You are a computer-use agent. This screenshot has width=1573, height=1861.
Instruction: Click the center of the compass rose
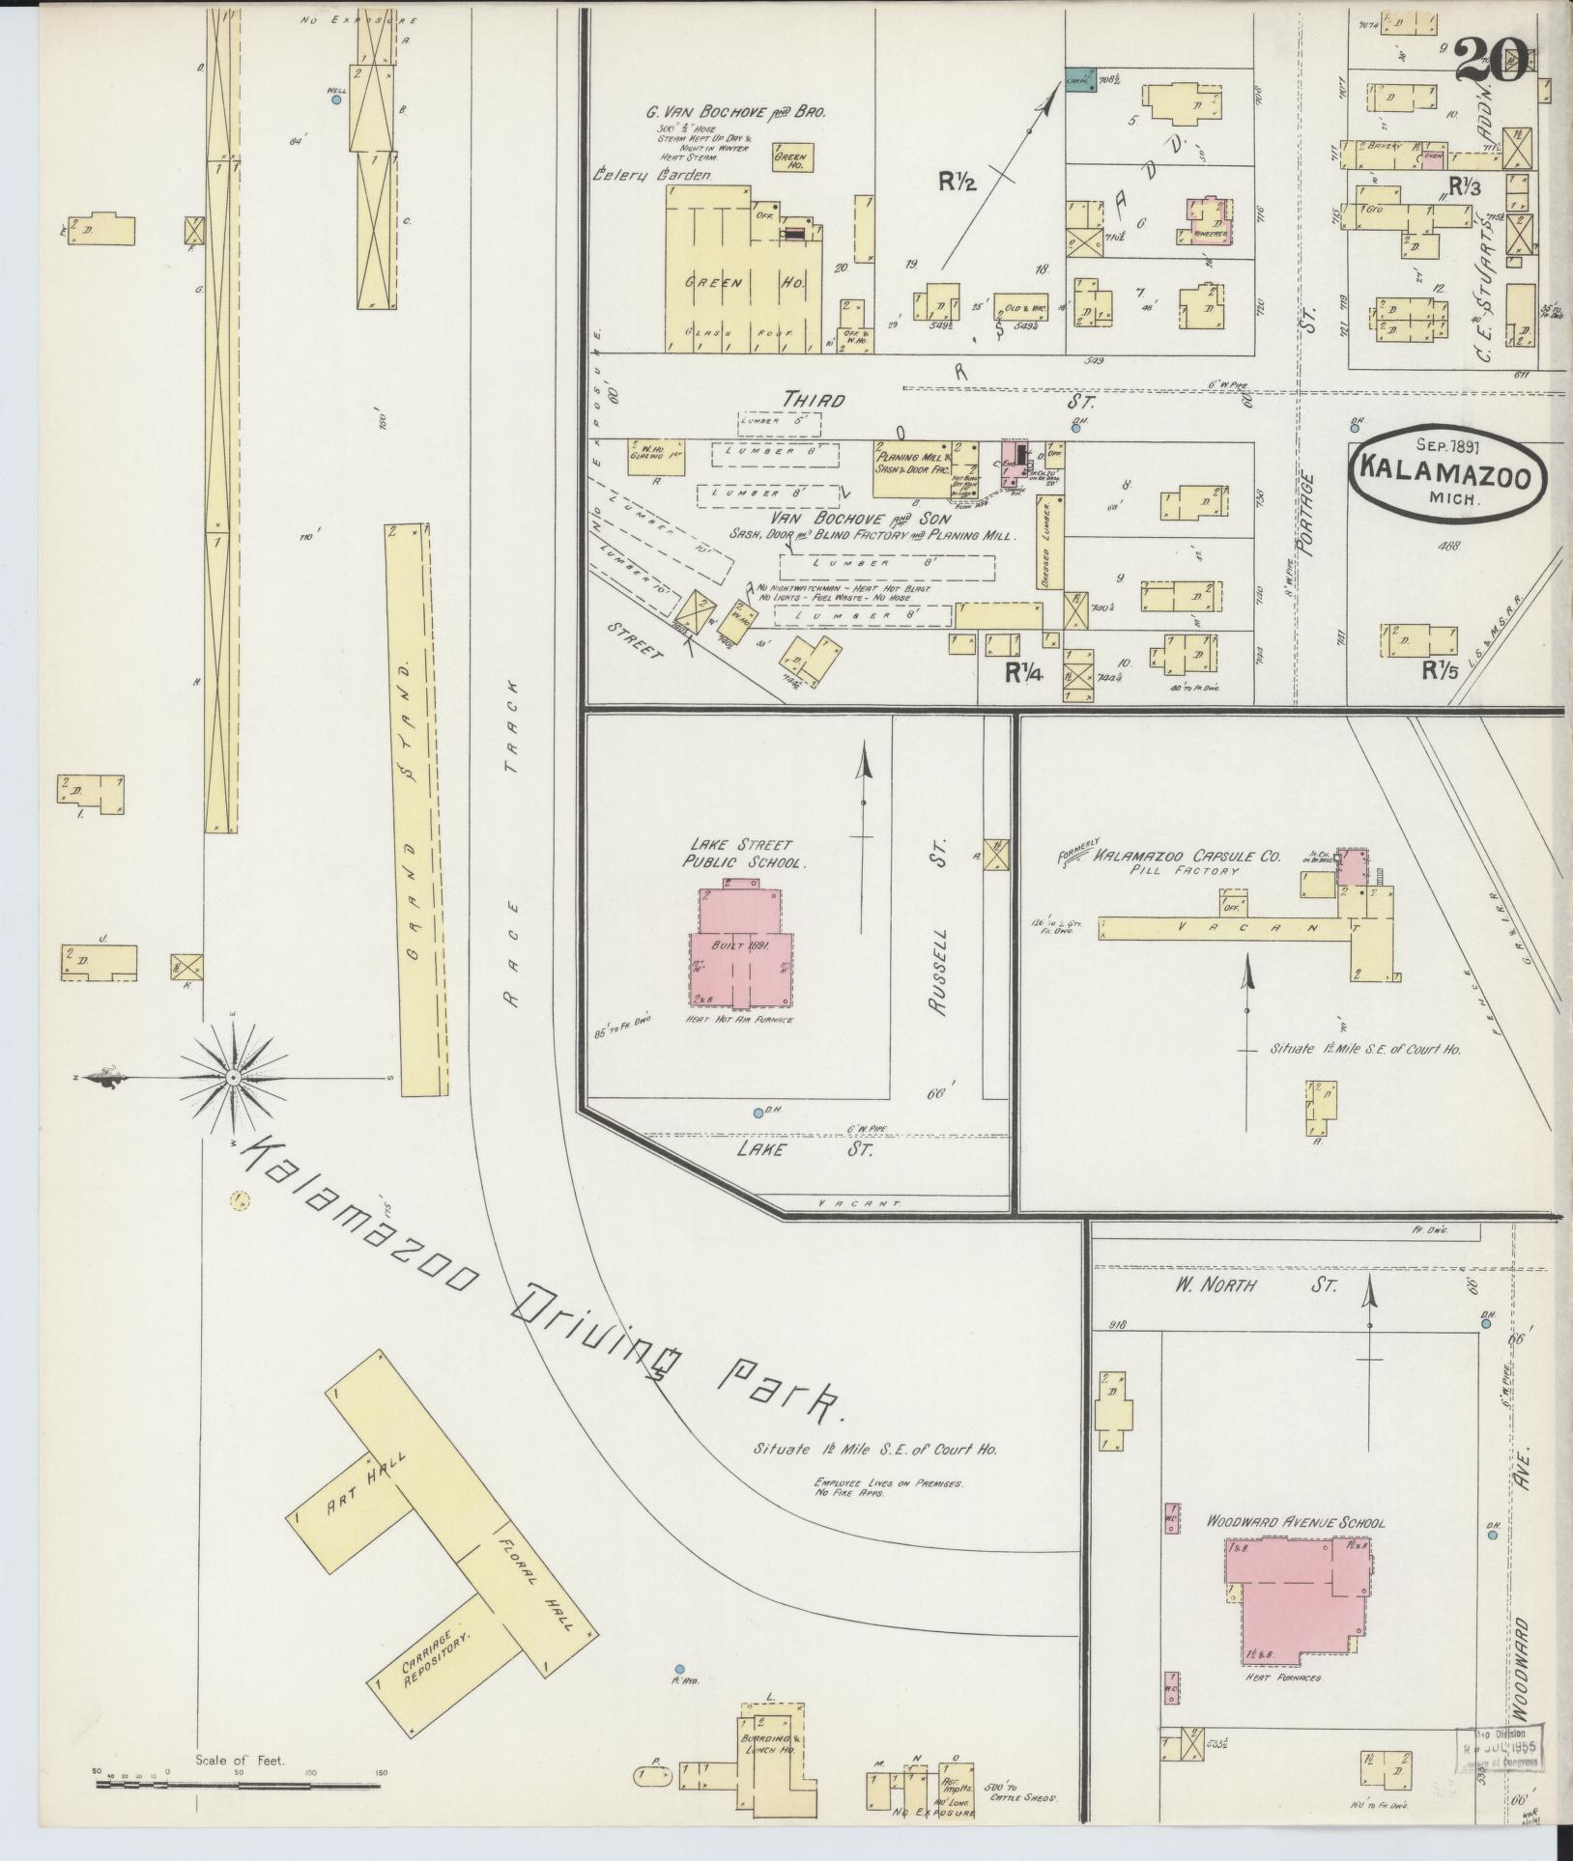(x=233, y=1077)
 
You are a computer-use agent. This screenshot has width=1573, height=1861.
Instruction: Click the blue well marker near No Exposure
(x=335, y=99)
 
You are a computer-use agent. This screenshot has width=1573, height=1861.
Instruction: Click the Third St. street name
(x=814, y=399)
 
